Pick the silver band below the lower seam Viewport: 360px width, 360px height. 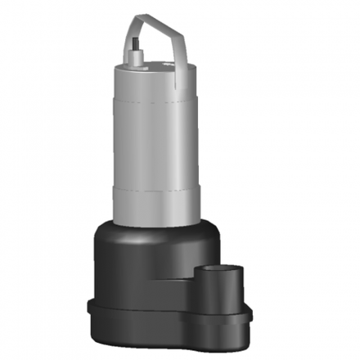tap(151, 205)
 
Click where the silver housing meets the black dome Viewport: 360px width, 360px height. tap(151, 223)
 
